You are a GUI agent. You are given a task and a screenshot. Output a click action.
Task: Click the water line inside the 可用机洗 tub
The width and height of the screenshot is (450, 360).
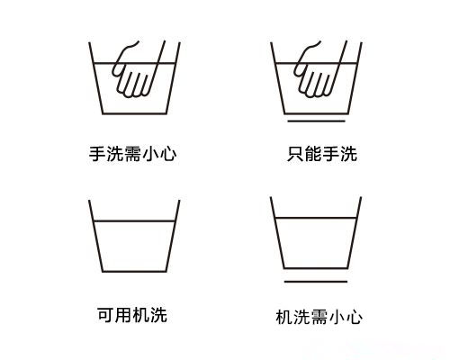coord(132,220)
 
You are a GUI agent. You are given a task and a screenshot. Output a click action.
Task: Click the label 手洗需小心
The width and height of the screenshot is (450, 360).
coord(132,154)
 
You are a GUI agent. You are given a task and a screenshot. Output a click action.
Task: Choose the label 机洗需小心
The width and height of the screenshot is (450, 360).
coord(319,317)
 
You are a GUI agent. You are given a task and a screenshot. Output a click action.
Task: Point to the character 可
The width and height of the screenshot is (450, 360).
coord(104,314)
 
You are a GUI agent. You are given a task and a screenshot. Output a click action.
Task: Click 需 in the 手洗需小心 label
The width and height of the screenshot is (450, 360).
coord(132,154)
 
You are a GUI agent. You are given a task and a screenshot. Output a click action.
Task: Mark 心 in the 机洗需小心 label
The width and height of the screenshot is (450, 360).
coord(355,317)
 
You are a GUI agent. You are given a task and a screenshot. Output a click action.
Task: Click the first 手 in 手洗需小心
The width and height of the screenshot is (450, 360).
coord(96,154)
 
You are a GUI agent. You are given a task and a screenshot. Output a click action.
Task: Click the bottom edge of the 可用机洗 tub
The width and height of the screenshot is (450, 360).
coord(132,270)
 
